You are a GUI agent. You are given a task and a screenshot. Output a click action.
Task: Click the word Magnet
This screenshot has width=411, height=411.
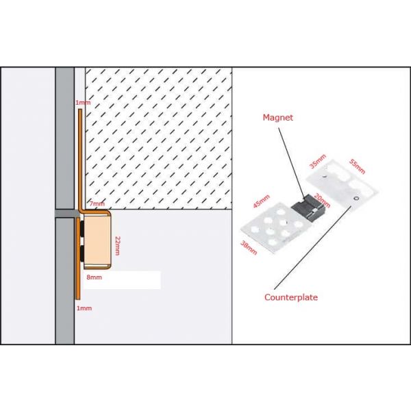click(x=278, y=118)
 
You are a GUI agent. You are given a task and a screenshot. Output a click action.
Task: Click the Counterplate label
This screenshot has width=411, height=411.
click(x=291, y=297)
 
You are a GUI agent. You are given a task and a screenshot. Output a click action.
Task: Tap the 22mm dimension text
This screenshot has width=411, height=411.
click(x=117, y=245)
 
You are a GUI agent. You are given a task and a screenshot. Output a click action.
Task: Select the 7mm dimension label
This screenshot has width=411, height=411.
click(x=97, y=203)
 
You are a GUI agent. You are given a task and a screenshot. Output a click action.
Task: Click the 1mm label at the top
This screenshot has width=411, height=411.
click(x=82, y=103)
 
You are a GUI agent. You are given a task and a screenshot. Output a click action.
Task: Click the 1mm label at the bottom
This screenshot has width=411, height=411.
click(x=84, y=308)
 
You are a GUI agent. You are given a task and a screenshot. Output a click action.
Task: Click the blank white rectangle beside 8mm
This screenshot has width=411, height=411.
click(x=123, y=279)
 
